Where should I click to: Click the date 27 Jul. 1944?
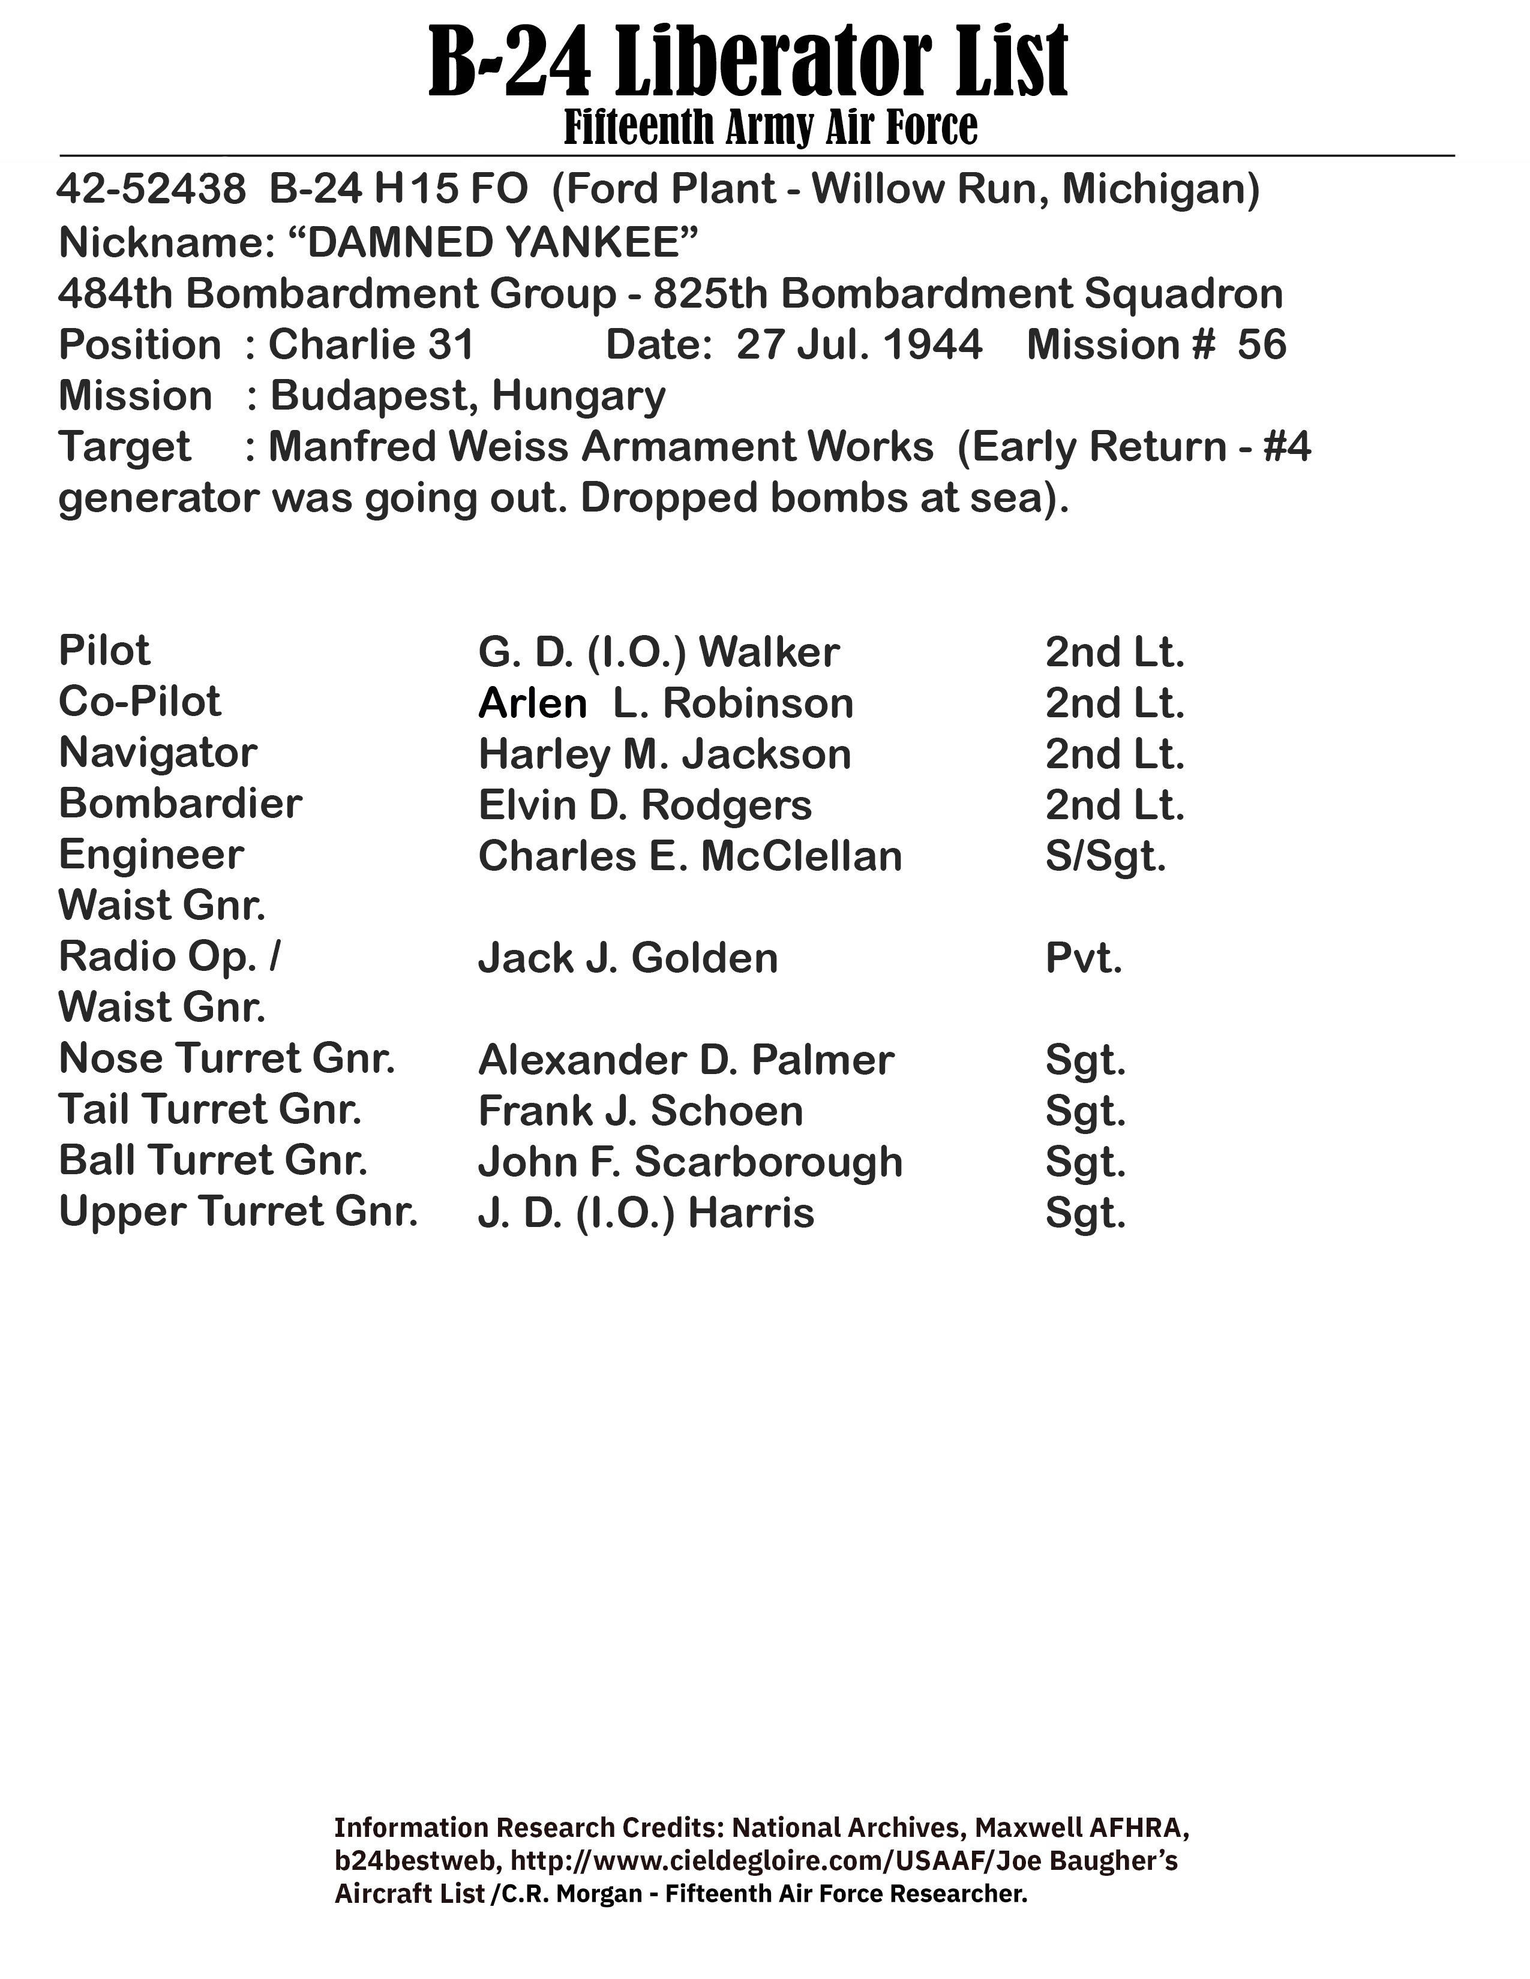point(859,345)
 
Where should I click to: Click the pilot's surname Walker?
point(769,652)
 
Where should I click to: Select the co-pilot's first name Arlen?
point(532,704)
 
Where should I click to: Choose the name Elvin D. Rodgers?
point(644,805)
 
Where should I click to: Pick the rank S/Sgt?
point(1105,856)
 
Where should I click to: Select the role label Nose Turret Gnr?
point(227,1058)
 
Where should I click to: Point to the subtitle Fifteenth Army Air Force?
point(770,127)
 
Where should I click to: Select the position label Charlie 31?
point(371,345)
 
